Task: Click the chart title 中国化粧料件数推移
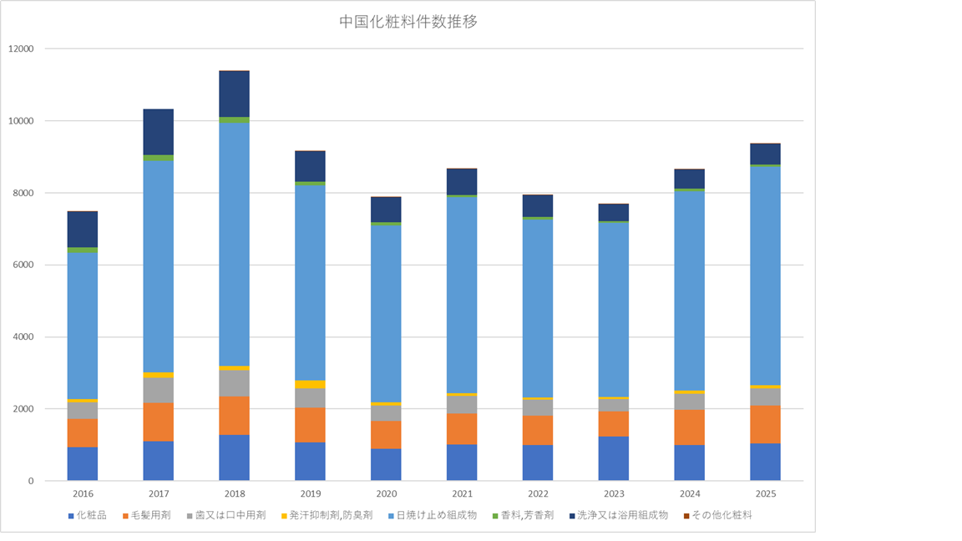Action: pyautogui.click(x=408, y=22)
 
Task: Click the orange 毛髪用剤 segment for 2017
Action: pyautogui.click(x=158, y=422)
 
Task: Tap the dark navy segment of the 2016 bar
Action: pyautogui.click(x=83, y=229)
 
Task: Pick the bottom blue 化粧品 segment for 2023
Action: pyautogui.click(x=614, y=458)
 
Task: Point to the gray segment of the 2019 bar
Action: pyautogui.click(x=310, y=398)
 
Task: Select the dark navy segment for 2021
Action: pyautogui.click(x=462, y=181)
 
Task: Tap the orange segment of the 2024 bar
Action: pyautogui.click(x=690, y=427)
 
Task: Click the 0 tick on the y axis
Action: pyautogui.click(x=30, y=482)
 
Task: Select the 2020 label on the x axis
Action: pyautogui.click(x=386, y=494)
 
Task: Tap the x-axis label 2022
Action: pyautogui.click(x=538, y=494)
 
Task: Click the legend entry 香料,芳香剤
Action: pyautogui.click(x=527, y=515)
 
